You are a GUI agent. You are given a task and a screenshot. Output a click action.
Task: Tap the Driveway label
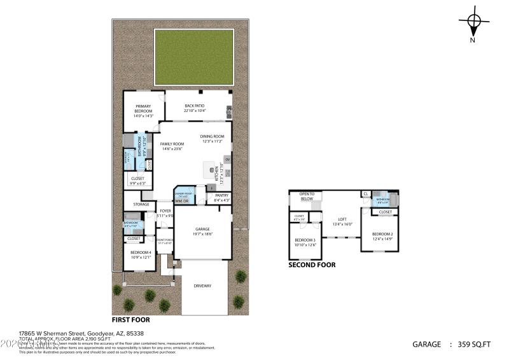(202, 286)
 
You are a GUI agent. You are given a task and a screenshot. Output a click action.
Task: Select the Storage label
(141, 204)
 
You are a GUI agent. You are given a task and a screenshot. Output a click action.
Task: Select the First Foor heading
(131, 320)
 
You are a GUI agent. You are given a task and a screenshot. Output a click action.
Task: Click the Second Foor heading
(312, 265)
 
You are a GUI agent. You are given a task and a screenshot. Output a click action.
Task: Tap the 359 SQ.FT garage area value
(474, 344)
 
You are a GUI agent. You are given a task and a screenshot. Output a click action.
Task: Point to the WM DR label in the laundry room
(183, 201)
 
